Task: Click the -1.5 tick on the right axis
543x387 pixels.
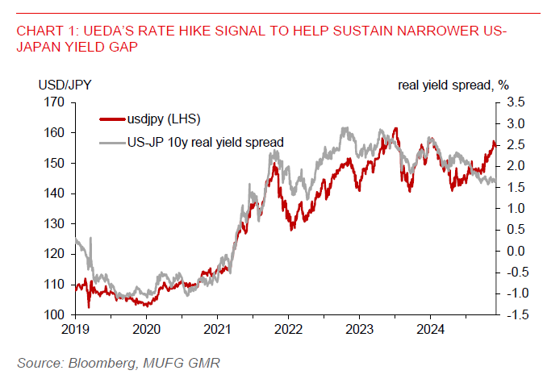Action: click(514, 314)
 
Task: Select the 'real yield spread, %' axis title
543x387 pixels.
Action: click(454, 85)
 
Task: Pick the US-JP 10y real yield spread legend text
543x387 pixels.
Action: click(206, 142)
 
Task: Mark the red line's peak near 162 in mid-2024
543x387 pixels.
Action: click(395, 128)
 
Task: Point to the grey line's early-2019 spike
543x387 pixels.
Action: click(90, 239)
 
